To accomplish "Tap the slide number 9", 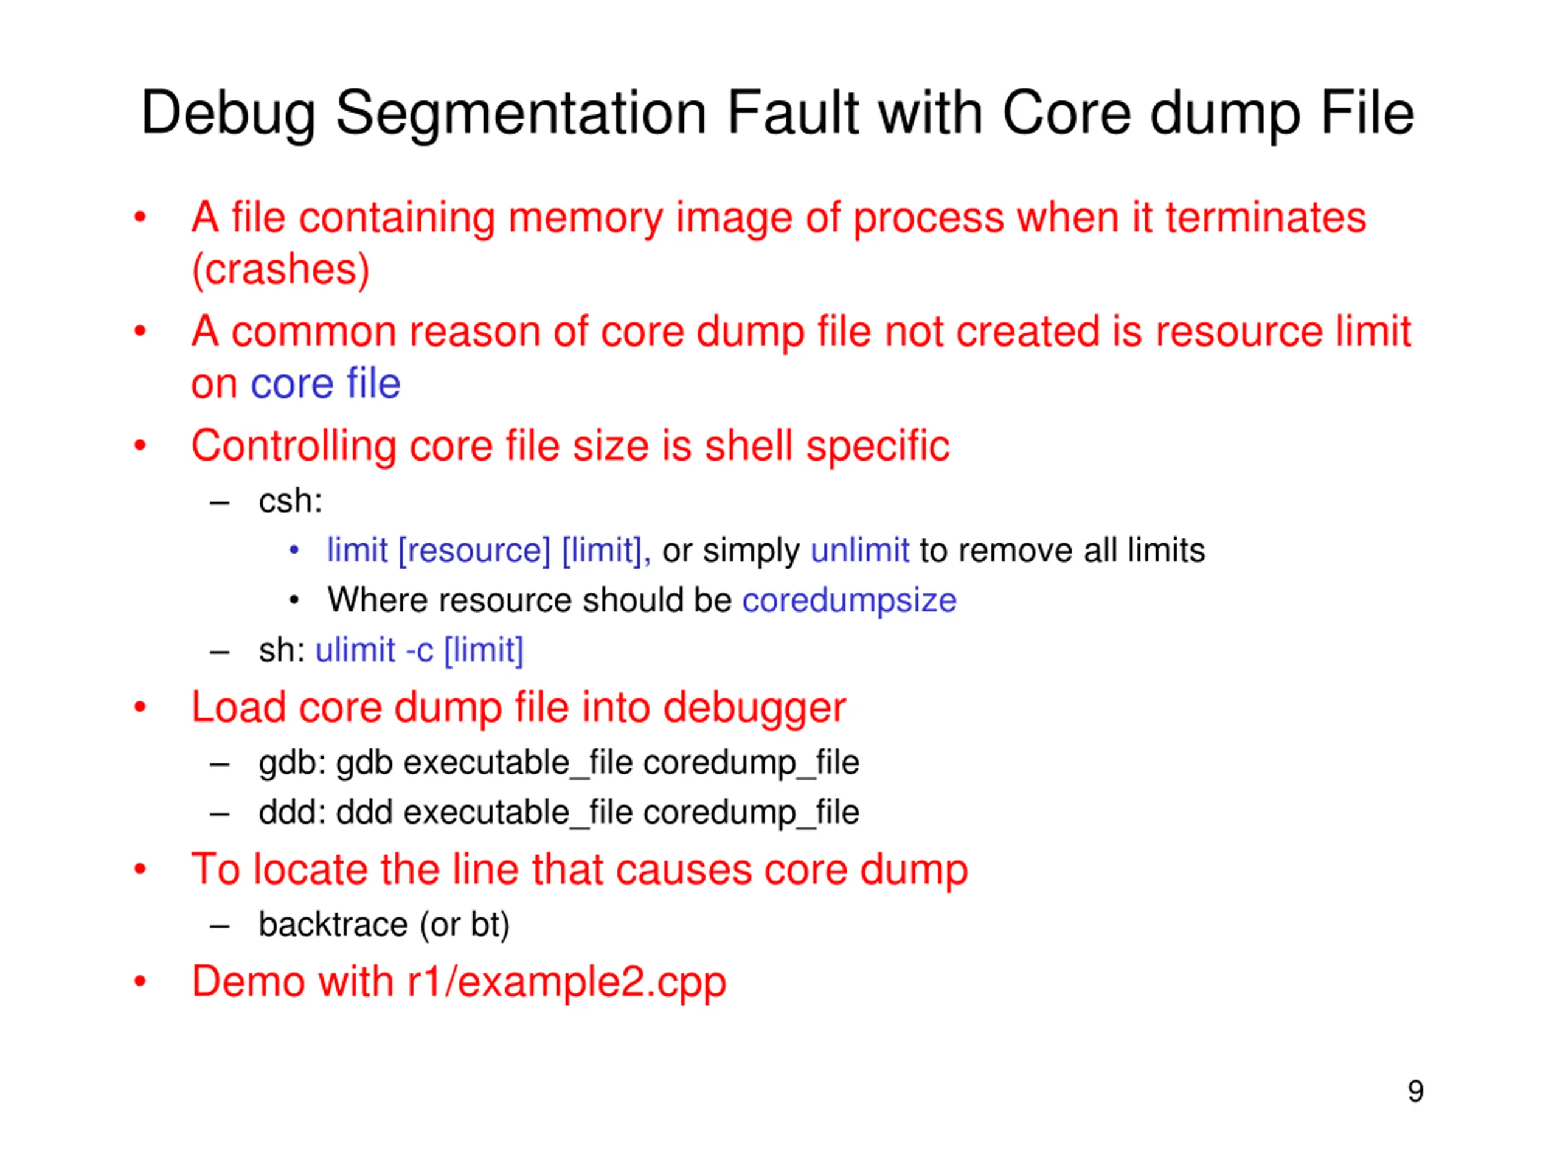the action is point(1415,1091).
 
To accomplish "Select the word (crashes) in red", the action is point(280,269).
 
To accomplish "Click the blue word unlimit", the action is point(859,550).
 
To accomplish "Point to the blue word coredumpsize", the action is point(849,600).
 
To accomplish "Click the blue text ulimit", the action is point(355,650).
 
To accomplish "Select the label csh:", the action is point(290,501).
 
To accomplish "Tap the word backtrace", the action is point(333,925).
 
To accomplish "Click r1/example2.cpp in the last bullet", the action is point(567,982).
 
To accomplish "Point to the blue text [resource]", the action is point(474,551).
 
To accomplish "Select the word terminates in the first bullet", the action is point(1265,217).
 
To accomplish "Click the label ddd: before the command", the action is point(291,813).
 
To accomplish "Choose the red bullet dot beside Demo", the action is point(140,982).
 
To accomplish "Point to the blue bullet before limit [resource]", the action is point(294,551).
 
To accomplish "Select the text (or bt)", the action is point(465,925).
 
